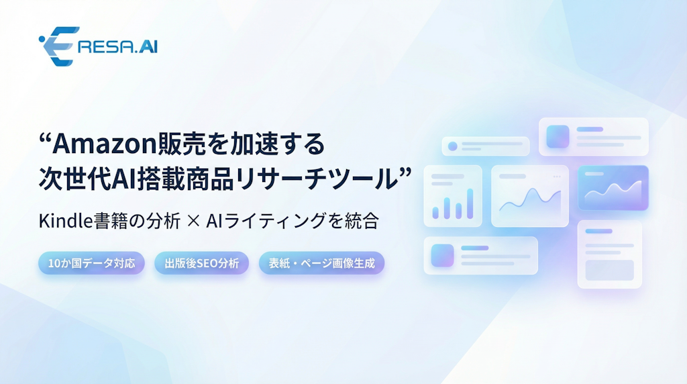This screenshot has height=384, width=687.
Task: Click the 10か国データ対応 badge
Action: [x=91, y=263]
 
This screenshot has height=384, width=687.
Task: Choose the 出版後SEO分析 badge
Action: [x=202, y=263]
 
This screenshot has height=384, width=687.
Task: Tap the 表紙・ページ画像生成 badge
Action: [x=321, y=263]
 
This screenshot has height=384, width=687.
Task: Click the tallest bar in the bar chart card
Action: [x=470, y=203]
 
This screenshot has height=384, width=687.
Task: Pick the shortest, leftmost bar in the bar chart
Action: [x=435, y=212]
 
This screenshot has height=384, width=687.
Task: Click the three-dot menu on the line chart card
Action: [x=556, y=177]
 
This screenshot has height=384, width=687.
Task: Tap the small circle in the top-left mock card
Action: [x=452, y=146]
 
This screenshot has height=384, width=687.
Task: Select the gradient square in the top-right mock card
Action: [x=558, y=136]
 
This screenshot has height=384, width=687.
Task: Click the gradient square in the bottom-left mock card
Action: [x=442, y=255]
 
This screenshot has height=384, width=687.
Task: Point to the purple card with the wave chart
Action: [x=613, y=188]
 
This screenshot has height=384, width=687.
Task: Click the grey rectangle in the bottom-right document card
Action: [x=609, y=270]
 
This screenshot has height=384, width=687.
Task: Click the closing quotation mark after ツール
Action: [x=405, y=175]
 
